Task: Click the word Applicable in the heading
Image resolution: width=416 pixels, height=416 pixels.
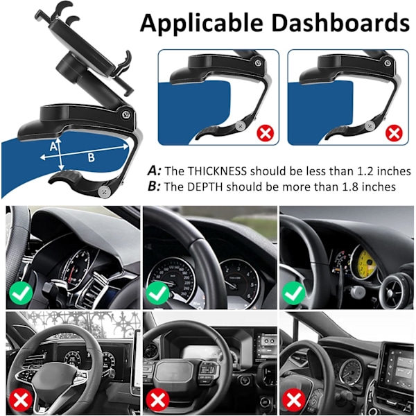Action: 202,24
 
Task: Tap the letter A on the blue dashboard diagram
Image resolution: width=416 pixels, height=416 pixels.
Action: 53,146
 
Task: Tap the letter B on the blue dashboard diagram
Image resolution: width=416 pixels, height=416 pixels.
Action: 91,157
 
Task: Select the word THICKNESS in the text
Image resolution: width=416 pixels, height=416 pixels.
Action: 217,171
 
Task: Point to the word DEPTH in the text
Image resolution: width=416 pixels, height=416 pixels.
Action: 205,187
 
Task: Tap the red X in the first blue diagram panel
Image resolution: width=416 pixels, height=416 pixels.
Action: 265,133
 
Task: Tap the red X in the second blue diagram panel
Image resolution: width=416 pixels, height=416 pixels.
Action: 394,133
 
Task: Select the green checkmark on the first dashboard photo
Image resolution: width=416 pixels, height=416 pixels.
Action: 21,293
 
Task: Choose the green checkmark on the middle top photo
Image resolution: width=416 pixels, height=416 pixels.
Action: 158,293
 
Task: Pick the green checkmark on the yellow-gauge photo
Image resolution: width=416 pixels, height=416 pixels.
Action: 294,293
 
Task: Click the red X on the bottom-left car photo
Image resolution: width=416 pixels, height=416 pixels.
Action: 21,400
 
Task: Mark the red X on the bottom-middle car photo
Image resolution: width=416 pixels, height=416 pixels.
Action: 158,400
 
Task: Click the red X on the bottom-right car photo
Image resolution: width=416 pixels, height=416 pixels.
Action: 294,400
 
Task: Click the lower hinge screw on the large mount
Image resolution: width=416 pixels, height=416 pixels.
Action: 104,191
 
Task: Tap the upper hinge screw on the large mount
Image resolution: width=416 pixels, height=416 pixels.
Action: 126,114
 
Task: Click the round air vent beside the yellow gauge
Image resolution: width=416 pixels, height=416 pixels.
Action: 393,291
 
